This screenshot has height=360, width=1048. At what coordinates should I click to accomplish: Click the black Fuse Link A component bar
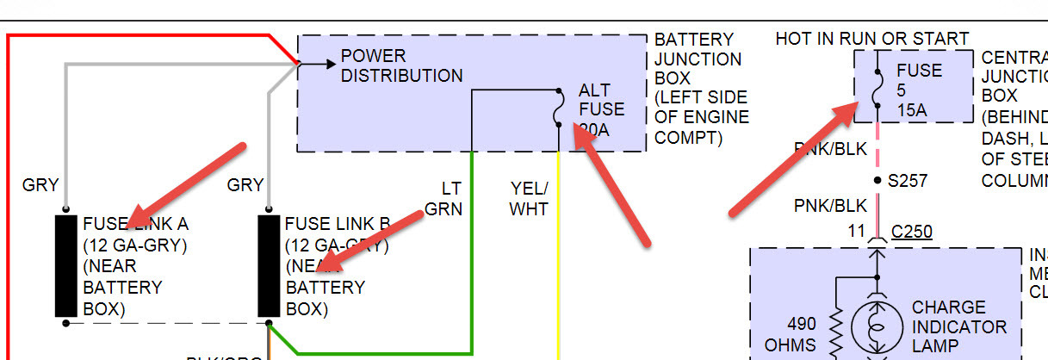click(66, 266)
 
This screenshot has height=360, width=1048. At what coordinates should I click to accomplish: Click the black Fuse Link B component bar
click(270, 266)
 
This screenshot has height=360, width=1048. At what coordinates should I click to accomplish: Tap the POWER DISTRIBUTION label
click(401, 66)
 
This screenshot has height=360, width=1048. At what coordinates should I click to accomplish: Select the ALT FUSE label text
click(601, 100)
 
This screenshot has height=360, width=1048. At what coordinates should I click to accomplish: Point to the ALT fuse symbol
click(558, 109)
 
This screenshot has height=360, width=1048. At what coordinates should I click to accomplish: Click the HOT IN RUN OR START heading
click(871, 39)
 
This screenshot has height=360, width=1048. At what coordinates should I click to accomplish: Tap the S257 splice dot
click(877, 181)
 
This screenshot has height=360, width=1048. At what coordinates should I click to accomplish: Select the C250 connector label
click(912, 232)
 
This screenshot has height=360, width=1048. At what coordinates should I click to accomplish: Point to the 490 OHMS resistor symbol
click(834, 327)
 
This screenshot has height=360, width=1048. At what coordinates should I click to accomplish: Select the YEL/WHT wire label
click(529, 199)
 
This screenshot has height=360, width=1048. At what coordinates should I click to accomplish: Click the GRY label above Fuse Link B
click(245, 184)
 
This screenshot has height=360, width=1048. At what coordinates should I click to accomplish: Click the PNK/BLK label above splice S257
click(829, 148)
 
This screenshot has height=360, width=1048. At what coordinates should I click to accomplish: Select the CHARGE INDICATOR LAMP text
click(958, 327)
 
